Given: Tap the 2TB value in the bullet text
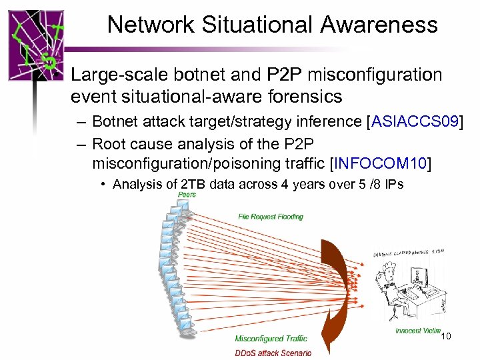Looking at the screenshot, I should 193,185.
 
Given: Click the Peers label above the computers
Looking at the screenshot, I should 188,195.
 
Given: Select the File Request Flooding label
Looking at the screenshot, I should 271,216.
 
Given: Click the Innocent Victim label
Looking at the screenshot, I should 417,331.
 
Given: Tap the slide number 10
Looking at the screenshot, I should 446,337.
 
